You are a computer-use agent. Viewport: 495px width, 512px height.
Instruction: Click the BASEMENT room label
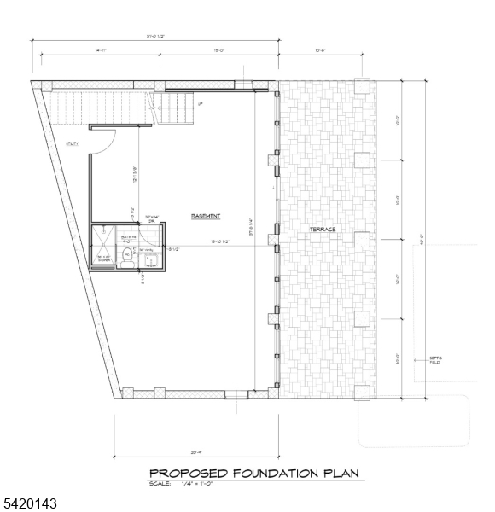[207, 216]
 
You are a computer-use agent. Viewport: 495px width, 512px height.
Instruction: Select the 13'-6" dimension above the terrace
[321, 51]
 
